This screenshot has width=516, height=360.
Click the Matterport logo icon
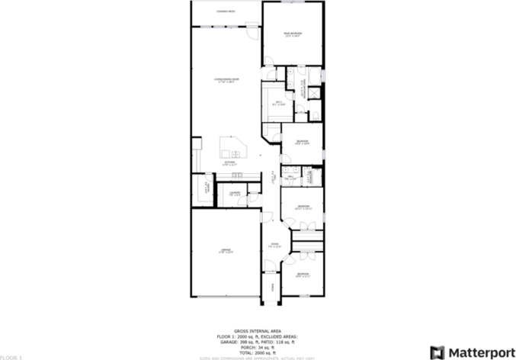click(x=438, y=352)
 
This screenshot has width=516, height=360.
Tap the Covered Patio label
click(x=226, y=11)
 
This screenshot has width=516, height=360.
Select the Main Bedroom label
click(x=293, y=34)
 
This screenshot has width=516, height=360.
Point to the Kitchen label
click(x=229, y=163)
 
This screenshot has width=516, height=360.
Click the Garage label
click(x=226, y=251)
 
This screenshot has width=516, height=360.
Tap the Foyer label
click(x=275, y=246)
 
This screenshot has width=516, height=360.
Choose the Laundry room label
click(x=235, y=193)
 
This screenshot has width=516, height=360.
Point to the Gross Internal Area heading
click(x=258, y=331)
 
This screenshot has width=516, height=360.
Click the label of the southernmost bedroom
click(x=303, y=274)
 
